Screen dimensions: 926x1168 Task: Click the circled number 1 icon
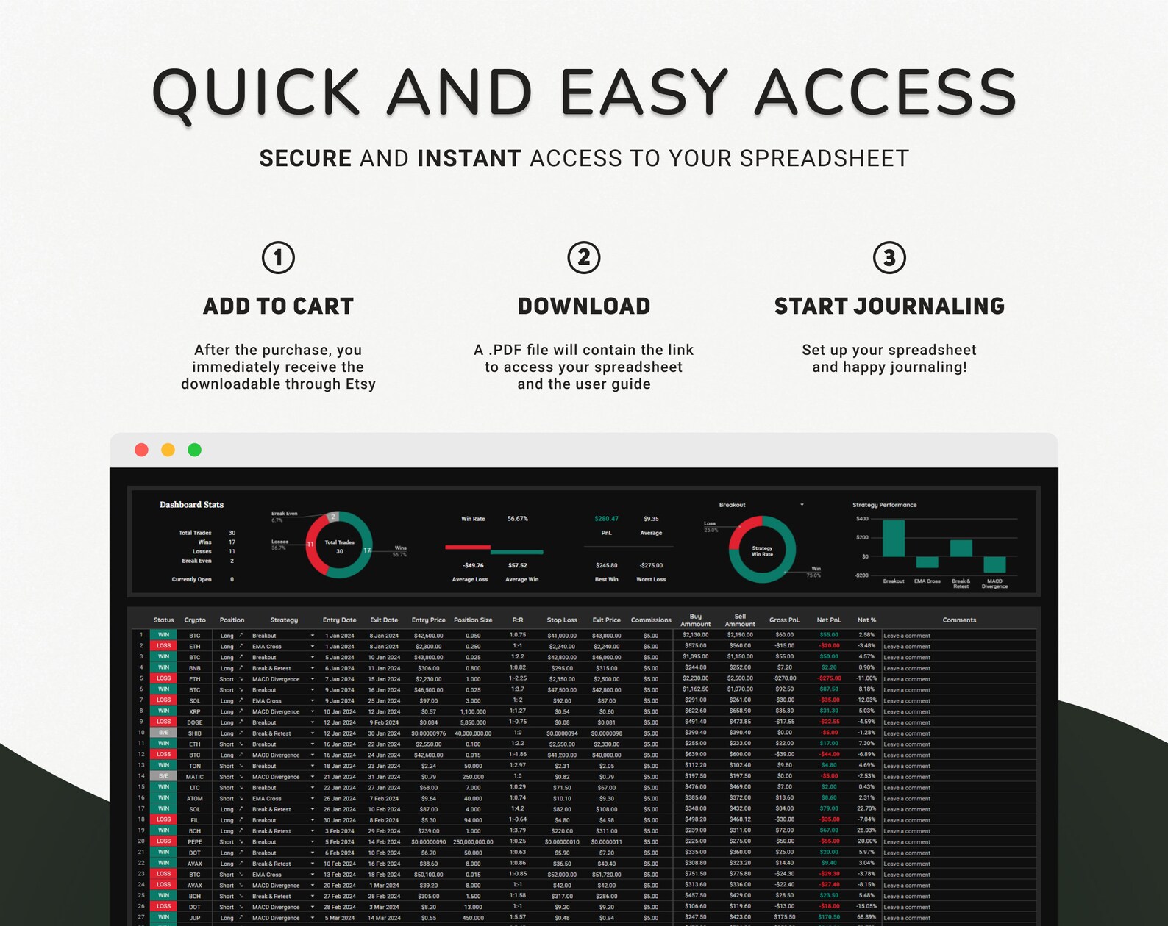(x=278, y=258)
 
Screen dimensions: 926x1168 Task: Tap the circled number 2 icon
(x=584, y=258)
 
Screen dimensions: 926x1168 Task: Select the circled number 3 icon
(x=889, y=258)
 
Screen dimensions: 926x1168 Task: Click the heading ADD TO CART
(x=278, y=306)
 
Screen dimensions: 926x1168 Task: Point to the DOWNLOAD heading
(x=584, y=306)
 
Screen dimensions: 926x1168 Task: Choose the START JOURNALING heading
(x=889, y=306)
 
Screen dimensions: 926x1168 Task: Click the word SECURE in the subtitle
(x=305, y=159)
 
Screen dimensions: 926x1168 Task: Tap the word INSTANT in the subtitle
(x=469, y=159)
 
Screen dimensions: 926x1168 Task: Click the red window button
(x=142, y=450)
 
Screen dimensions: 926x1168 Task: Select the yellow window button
(x=168, y=450)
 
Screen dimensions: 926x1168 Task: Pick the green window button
(x=195, y=450)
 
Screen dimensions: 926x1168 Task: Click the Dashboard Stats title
(x=191, y=505)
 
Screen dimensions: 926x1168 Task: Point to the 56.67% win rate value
(x=517, y=519)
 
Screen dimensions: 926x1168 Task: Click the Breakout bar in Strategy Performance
(x=894, y=538)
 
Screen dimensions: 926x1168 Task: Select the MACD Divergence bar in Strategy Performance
(x=994, y=564)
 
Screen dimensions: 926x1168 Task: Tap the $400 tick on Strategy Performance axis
(x=861, y=519)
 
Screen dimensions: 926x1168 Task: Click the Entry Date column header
(x=339, y=620)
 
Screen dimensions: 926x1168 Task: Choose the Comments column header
(x=959, y=620)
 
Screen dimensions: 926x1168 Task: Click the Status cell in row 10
(x=163, y=733)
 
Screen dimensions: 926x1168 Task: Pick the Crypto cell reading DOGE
(x=194, y=722)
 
